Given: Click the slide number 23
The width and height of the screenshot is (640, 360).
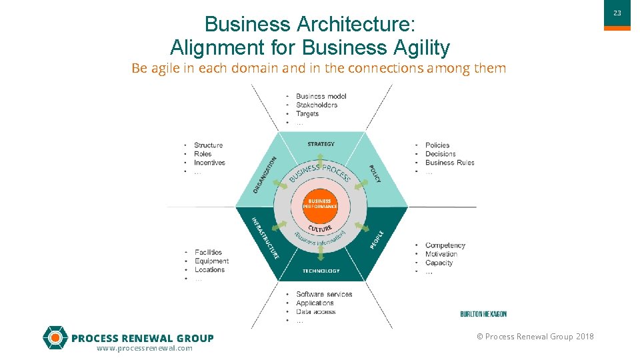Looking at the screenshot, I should point(617,13).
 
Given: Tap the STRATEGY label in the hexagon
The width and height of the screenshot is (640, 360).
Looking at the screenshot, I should point(321,144).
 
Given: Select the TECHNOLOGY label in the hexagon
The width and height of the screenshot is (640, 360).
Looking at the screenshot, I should point(321,271).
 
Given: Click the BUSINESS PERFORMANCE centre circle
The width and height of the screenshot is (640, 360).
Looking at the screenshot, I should point(320,204).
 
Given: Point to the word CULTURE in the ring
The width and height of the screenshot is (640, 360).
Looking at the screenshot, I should point(320,229).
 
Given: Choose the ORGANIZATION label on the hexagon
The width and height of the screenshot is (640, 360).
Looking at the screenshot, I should point(265,175).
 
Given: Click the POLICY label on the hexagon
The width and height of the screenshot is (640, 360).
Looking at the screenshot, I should point(375,175).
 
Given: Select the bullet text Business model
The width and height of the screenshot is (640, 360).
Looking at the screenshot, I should point(321,96).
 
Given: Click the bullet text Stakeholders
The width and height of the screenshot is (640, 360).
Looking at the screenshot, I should point(317,105).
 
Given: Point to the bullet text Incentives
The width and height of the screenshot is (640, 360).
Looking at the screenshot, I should point(209,163).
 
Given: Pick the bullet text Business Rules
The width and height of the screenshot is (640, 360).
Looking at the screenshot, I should point(450,163).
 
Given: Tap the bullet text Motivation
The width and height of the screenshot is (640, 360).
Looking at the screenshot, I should point(441,254).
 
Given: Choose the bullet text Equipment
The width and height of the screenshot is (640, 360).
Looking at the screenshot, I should point(212,261).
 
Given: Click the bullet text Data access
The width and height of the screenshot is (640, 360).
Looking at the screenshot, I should point(316,312).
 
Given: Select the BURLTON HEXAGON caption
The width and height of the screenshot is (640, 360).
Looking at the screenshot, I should point(483,314).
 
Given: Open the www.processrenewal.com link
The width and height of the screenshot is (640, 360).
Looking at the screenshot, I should point(145,349).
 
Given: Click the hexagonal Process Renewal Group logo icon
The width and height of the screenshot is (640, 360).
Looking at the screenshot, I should point(55,338).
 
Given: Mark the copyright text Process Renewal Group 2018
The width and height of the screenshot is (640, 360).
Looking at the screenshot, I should point(535,337).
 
